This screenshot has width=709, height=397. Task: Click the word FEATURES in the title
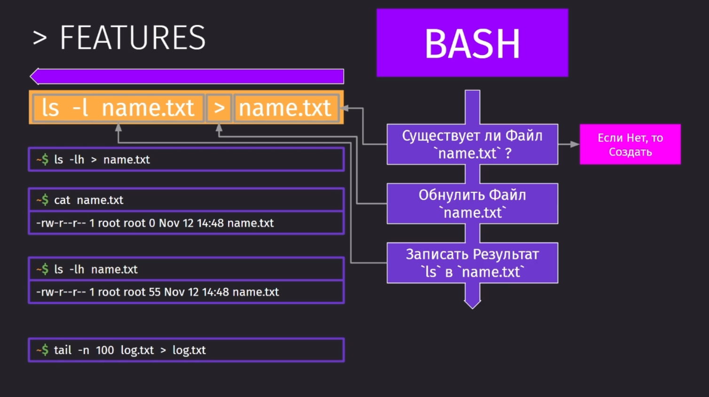click(x=133, y=38)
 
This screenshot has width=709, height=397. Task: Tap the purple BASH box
click(x=472, y=43)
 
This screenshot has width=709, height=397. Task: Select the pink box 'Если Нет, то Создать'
click(x=630, y=144)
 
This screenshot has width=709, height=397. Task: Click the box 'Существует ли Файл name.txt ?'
click(x=472, y=144)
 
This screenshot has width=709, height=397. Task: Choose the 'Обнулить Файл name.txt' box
click(x=472, y=203)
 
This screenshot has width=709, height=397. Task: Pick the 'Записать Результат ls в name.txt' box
click(x=472, y=263)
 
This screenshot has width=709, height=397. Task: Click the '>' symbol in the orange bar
click(x=219, y=108)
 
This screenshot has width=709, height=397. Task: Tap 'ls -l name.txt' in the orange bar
click(x=118, y=108)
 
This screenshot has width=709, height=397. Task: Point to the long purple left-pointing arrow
click(x=187, y=76)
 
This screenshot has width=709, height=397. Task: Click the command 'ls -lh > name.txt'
click(x=102, y=159)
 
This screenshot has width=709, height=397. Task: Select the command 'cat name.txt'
click(x=88, y=200)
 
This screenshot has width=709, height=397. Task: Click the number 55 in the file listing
click(x=155, y=292)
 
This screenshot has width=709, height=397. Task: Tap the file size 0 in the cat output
click(x=152, y=223)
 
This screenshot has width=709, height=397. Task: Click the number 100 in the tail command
click(x=105, y=350)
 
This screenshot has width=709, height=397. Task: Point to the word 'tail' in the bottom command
click(x=63, y=350)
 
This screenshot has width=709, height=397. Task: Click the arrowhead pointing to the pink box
click(x=575, y=144)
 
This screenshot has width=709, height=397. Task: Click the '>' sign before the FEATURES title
click(x=40, y=38)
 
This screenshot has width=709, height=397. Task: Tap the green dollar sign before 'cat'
click(x=45, y=200)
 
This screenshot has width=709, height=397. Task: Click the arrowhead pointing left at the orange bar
click(x=344, y=108)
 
